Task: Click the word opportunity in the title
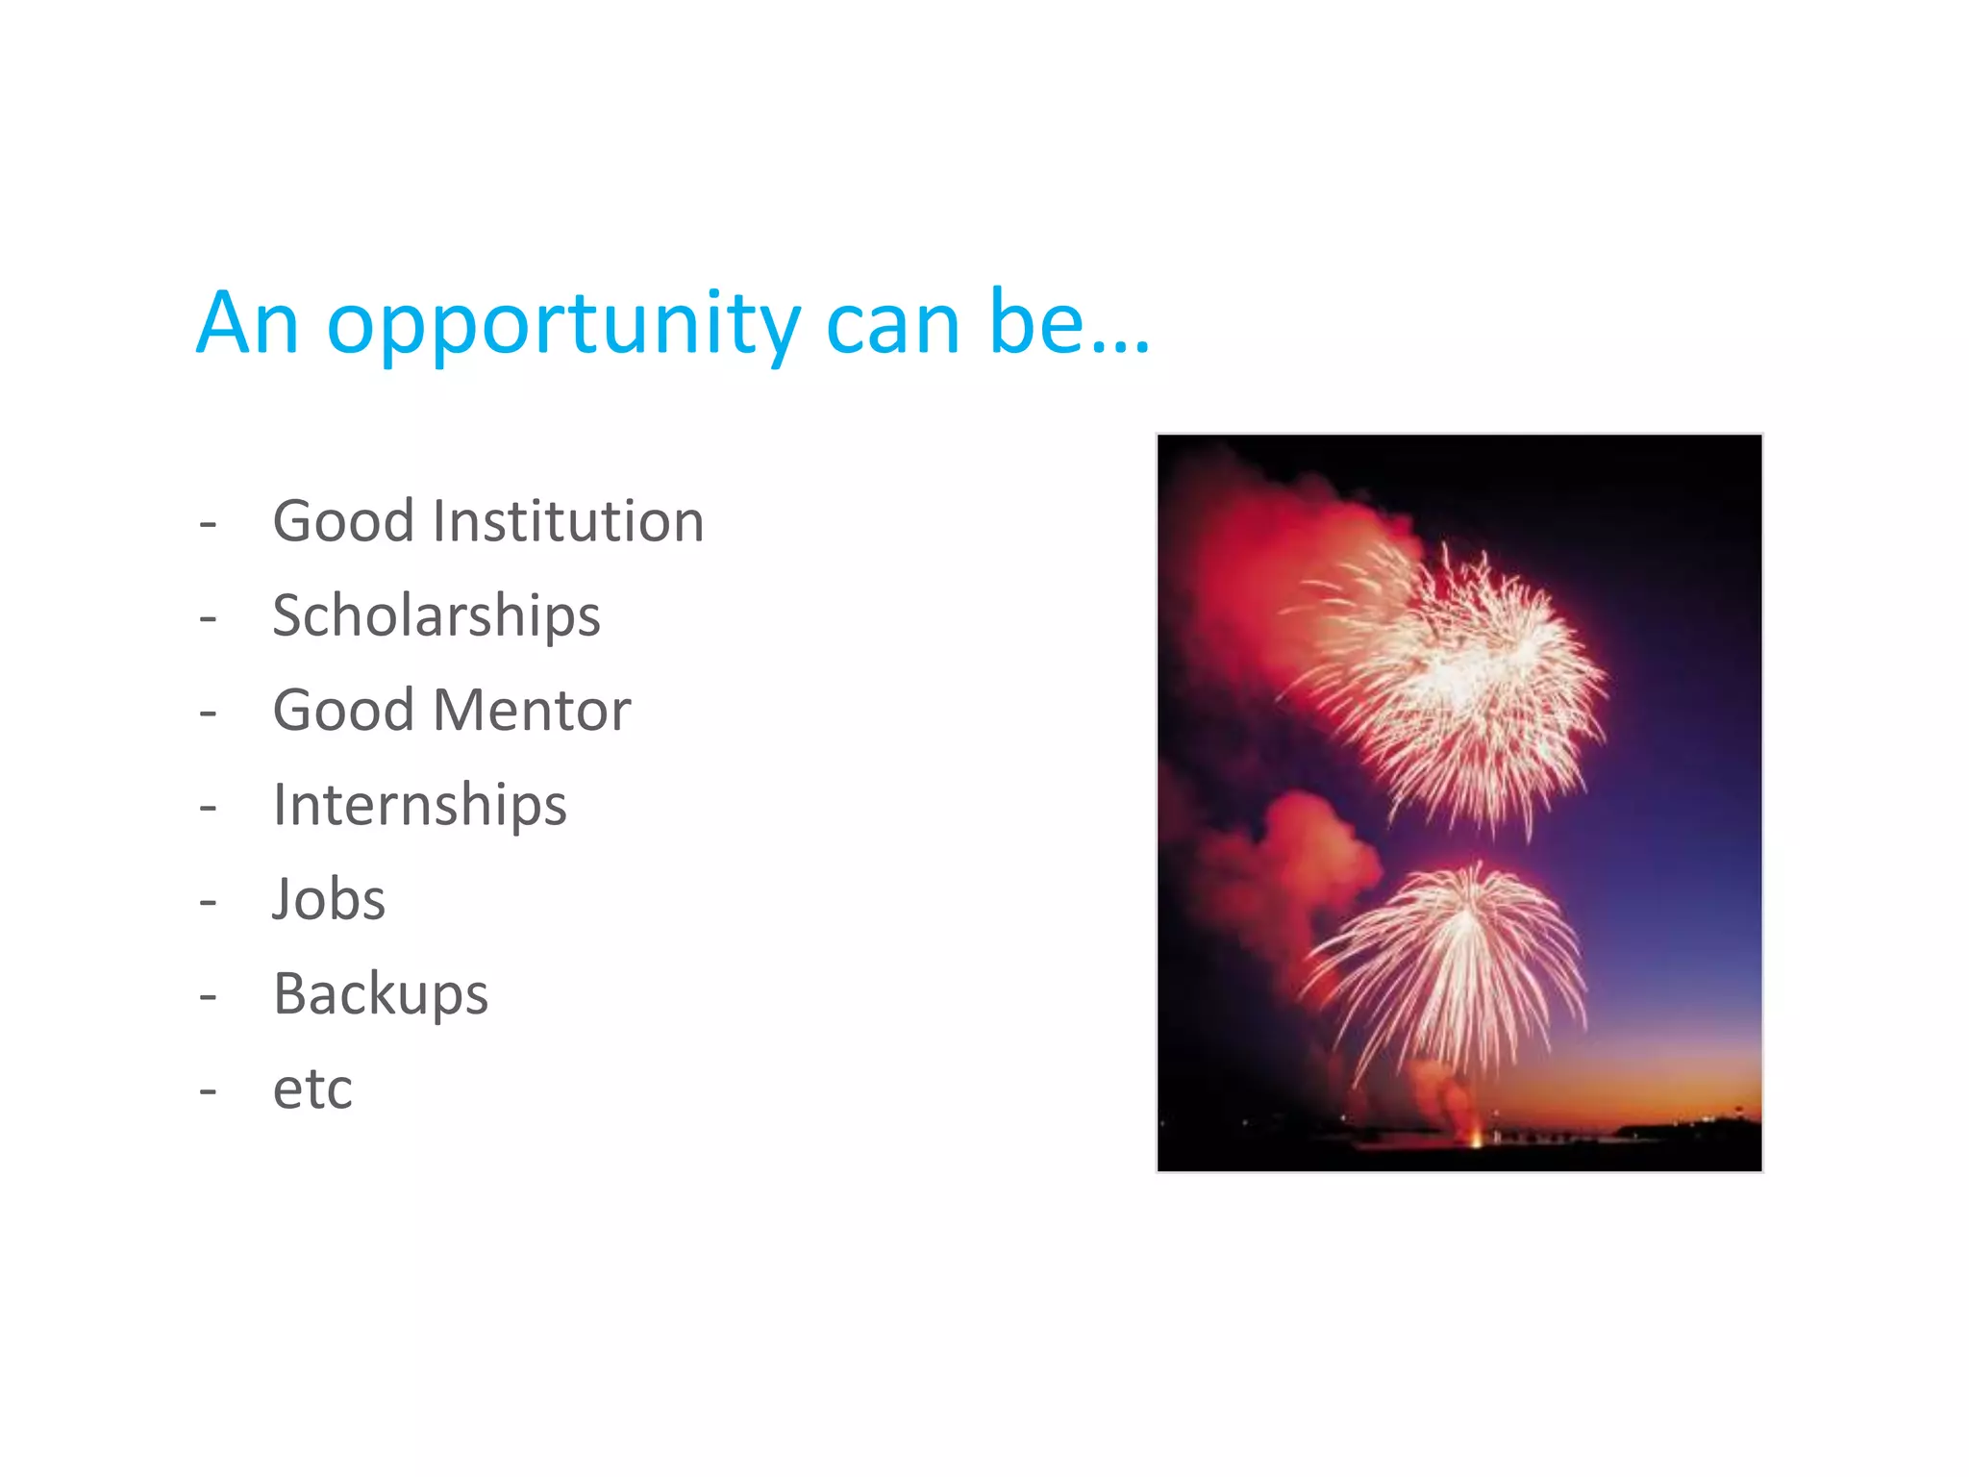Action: pyautogui.click(x=563, y=325)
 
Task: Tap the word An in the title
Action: pyautogui.click(x=247, y=323)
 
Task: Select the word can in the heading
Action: pyautogui.click(x=893, y=325)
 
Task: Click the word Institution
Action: pyautogui.click(x=568, y=521)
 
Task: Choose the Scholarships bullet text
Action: pyautogui.click(x=436, y=615)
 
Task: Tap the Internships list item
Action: pyautogui.click(x=420, y=805)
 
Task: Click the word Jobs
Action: pyautogui.click(x=329, y=899)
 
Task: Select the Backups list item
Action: pyautogui.click(x=381, y=993)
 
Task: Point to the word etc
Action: pyautogui.click(x=312, y=1089)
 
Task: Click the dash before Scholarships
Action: pyautogui.click(x=208, y=618)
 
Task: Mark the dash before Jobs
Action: pyautogui.click(x=208, y=902)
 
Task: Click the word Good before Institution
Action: pyautogui.click(x=343, y=521)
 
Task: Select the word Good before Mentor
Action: pyautogui.click(x=343, y=711)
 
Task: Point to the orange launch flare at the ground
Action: pyautogui.click(x=1477, y=1140)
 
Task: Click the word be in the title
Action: pyautogui.click(x=1037, y=323)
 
